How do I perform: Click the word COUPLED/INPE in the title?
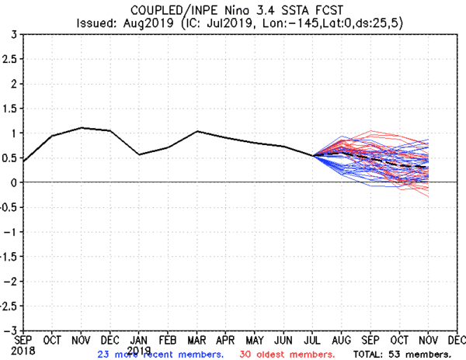pyautogui.click(x=172, y=9)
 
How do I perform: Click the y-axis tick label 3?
pyautogui.click(x=12, y=35)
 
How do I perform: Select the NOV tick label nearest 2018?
pyautogui.click(x=82, y=340)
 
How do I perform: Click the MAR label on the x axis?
pyautogui.click(x=197, y=340)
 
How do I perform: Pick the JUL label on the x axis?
pyautogui.click(x=312, y=340)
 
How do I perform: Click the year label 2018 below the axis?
pyautogui.click(x=24, y=350)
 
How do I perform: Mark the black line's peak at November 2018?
pyautogui.click(x=82, y=128)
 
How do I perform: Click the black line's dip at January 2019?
pyautogui.click(x=139, y=154)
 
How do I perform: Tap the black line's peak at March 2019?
pyautogui.click(x=197, y=131)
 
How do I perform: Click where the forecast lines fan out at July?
pyautogui.click(x=313, y=156)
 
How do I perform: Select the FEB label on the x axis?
pyautogui.click(x=168, y=340)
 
